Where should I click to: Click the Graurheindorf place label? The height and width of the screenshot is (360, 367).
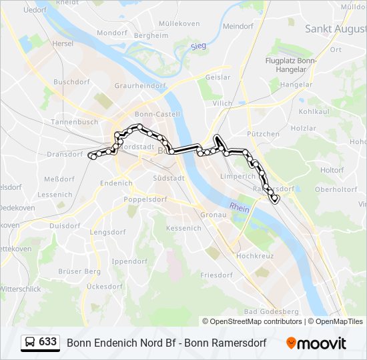(139, 86)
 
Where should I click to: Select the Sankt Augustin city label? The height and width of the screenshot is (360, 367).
(336, 29)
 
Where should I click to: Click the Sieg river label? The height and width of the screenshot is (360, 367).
(198, 45)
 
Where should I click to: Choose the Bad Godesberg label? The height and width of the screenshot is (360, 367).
(271, 311)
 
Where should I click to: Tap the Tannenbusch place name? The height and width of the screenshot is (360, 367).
(74, 122)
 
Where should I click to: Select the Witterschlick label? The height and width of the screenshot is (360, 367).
(20, 289)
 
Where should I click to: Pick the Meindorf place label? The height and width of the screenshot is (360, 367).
(238, 27)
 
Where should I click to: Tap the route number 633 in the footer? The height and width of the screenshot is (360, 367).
(47, 342)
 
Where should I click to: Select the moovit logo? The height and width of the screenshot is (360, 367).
(316, 343)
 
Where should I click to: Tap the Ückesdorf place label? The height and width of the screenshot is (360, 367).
(105, 286)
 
